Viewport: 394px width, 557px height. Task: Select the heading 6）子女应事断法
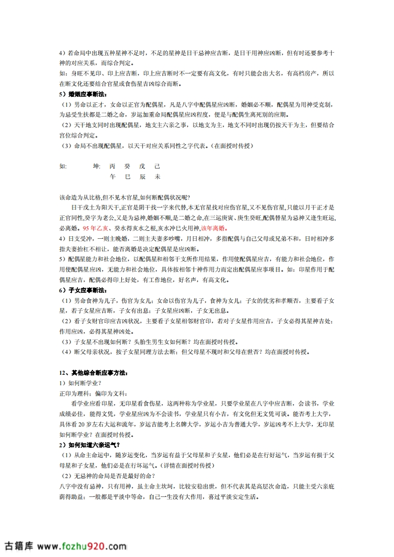[82, 289]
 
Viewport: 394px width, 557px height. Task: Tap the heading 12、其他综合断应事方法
[93, 372]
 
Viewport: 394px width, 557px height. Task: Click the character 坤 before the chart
[96, 166]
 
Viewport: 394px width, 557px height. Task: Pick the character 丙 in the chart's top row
[112, 166]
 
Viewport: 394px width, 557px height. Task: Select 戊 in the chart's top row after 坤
[143, 166]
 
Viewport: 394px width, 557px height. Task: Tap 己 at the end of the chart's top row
[158, 166]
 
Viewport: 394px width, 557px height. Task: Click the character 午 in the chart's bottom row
[112, 177]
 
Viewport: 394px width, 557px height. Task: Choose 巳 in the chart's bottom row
[127, 177]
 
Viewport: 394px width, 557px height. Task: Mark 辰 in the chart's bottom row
[143, 177]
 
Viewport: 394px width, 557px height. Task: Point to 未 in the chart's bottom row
[158, 177]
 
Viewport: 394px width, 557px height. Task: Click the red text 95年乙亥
[97, 228]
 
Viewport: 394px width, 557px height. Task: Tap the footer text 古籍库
[19, 546]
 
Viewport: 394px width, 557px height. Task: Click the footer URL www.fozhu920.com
[82, 546]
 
